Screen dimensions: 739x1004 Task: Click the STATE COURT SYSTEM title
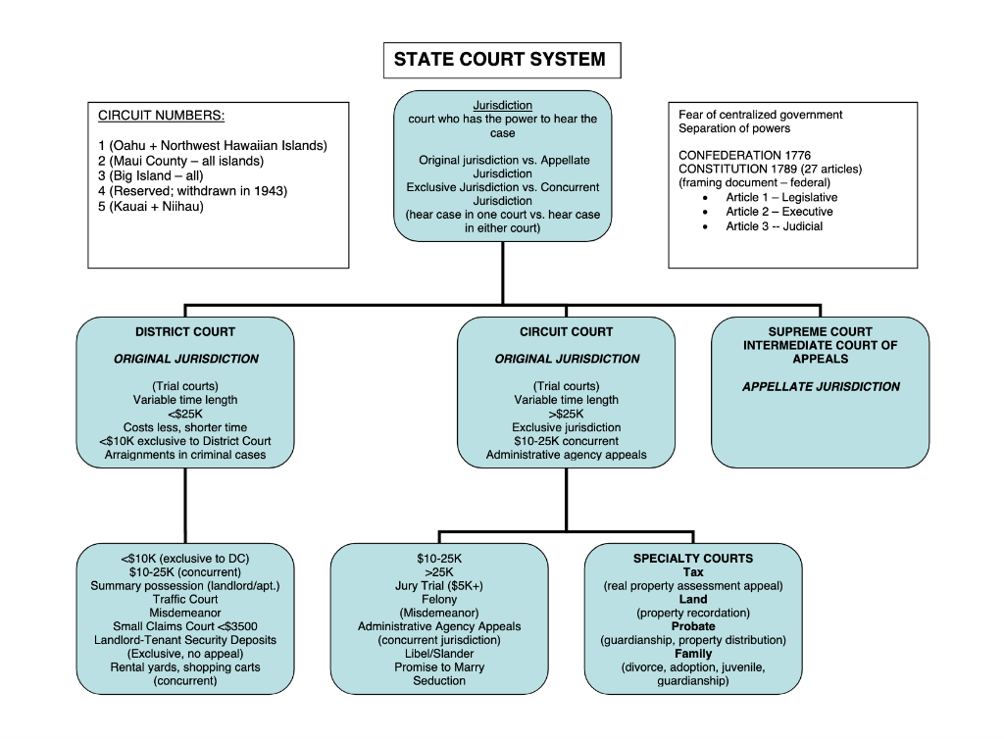500,60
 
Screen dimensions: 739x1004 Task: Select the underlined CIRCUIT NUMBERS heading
161,117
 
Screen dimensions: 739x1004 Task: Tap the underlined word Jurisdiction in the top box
502,105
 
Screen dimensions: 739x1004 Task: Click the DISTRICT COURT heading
185,332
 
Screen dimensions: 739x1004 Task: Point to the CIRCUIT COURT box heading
566,332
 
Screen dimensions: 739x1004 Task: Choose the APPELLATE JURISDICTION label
821,387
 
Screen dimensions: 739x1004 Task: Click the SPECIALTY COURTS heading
692,559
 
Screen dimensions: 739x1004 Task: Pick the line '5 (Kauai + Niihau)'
151,207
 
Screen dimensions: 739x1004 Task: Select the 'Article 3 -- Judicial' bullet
774,226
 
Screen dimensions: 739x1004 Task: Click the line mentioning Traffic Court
185,600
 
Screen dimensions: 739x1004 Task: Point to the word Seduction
439,681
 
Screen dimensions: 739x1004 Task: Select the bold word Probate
692,626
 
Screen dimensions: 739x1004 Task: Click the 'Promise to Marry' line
439,667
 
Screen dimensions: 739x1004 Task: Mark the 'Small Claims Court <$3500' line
185,627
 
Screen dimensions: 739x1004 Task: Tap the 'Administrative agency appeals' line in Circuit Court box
566,456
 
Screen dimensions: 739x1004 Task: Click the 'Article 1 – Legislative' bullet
781,198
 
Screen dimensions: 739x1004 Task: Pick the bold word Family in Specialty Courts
692,654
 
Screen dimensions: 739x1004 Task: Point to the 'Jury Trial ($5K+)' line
439,586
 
